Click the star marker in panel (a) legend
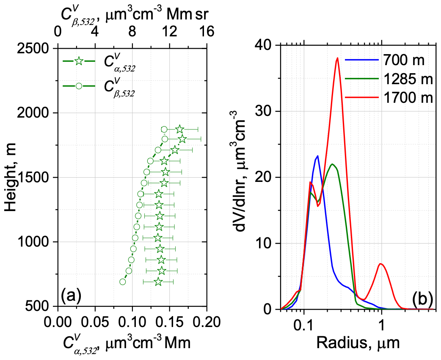point(78,61)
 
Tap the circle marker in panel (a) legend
point(78,86)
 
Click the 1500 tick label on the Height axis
point(34,178)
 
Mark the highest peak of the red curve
point(337,58)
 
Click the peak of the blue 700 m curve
point(317,156)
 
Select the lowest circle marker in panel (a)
point(123,282)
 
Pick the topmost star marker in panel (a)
point(180,129)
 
